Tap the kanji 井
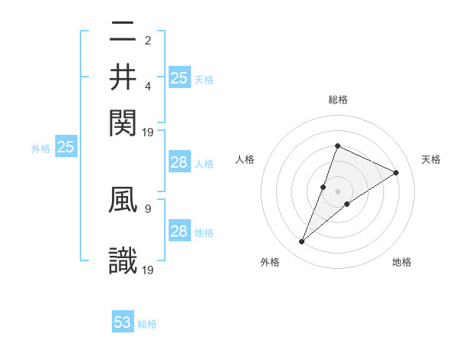[x=123, y=77]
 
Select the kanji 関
[x=123, y=120]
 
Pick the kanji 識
[x=123, y=260]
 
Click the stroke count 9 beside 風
[x=148, y=207]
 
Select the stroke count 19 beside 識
[x=149, y=269]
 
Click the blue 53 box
[x=123, y=322]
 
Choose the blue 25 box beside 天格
[x=179, y=77]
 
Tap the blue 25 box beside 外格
[x=65, y=148]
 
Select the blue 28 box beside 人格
[x=179, y=162]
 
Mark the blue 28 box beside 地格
[x=179, y=231]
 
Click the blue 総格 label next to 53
[x=147, y=324]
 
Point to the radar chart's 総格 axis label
[x=337, y=100]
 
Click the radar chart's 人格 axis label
[x=245, y=159]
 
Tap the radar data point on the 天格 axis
[x=396, y=172]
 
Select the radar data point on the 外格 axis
[x=301, y=242]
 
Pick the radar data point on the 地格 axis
[x=347, y=204]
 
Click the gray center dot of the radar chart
[x=337, y=191]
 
